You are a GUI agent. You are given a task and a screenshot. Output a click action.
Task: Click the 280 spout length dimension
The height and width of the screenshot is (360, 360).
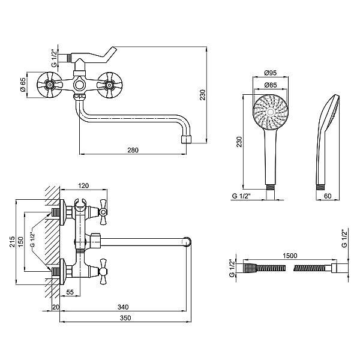[133, 150]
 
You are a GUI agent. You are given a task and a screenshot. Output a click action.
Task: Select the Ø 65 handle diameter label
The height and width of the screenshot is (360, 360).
[23, 85]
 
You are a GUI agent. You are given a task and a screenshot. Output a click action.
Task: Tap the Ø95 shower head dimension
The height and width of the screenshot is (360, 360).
[271, 73]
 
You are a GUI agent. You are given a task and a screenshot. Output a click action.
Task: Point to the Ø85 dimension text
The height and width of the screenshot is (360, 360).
[271, 85]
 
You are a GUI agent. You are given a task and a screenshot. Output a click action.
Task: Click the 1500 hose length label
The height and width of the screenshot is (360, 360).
[290, 256]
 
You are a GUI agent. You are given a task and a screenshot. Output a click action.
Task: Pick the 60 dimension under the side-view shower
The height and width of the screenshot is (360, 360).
[328, 196]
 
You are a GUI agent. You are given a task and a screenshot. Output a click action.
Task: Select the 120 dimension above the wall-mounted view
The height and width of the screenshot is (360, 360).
[83, 185]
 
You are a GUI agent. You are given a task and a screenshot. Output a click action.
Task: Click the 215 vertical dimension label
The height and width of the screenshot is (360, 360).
[12, 242]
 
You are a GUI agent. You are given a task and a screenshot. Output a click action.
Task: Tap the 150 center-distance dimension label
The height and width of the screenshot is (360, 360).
[20, 242]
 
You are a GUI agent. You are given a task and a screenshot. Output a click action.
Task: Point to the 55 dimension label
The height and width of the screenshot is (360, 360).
[70, 292]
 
